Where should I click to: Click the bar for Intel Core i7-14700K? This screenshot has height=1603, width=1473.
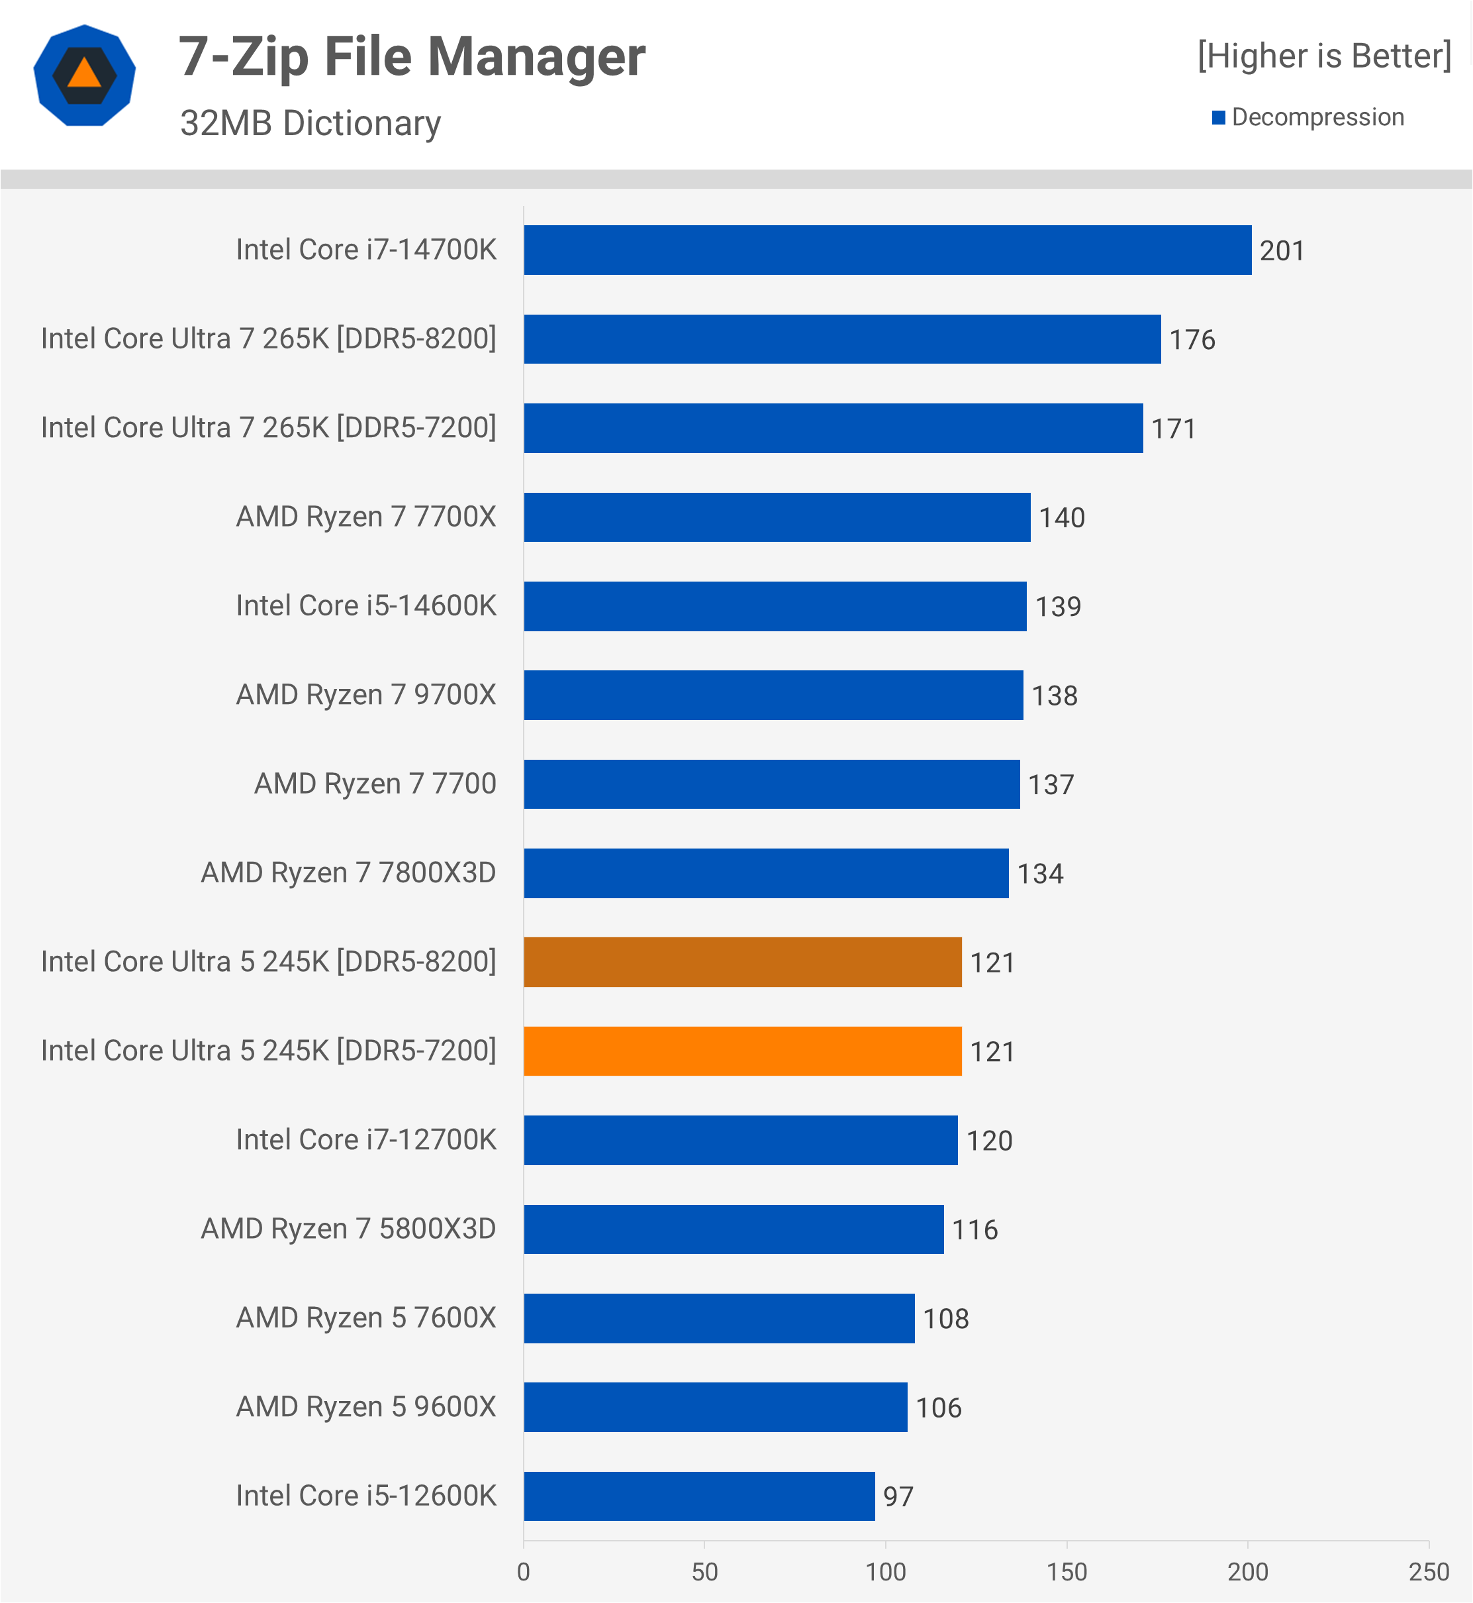pos(887,250)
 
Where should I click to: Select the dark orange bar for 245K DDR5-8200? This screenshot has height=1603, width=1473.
pos(742,962)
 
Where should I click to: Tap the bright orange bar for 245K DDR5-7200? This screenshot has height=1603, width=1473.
pos(742,1051)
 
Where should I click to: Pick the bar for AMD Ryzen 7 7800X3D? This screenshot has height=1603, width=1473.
pos(766,873)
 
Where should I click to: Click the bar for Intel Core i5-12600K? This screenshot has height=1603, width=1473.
pos(699,1496)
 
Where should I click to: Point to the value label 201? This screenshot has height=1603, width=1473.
pos(1282,251)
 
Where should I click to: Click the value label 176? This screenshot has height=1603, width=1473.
pos(1192,340)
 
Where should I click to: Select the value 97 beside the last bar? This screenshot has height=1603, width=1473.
pos(898,1497)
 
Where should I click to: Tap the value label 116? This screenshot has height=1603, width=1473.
pos(974,1230)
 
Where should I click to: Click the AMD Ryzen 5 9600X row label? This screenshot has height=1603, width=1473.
pos(366,1407)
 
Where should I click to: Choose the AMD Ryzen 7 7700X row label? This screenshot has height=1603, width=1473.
pos(366,517)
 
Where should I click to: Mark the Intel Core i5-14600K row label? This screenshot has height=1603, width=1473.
pos(366,606)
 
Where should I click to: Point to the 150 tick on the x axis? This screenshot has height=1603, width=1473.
pos(1067,1572)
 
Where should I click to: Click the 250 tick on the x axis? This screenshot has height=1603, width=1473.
pos(1429,1572)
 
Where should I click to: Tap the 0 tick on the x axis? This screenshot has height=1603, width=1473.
pos(524,1572)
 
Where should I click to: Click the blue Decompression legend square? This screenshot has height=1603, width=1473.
pos(1218,118)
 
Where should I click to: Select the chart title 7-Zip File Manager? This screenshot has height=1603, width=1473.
pos(412,58)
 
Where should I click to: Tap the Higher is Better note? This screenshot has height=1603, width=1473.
pos(1324,56)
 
